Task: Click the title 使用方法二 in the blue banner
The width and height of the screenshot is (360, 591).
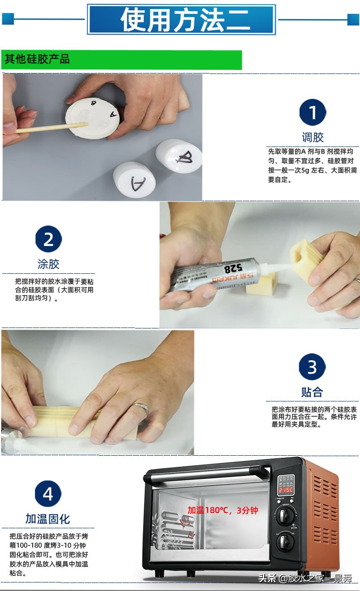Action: click(x=181, y=20)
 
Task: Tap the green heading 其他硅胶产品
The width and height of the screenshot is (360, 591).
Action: click(x=37, y=59)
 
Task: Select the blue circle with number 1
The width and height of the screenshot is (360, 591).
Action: click(x=312, y=112)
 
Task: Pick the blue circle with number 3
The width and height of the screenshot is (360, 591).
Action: click(x=312, y=367)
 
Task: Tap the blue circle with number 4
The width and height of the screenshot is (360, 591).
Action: click(x=48, y=494)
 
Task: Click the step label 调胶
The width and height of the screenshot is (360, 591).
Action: click(x=312, y=137)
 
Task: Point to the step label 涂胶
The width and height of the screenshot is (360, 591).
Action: click(x=48, y=264)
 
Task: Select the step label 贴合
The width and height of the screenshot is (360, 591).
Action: click(x=312, y=392)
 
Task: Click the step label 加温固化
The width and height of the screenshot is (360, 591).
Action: click(x=48, y=519)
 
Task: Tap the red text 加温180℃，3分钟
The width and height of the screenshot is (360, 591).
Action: click(x=223, y=510)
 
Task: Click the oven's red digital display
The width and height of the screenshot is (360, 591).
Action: click(x=285, y=489)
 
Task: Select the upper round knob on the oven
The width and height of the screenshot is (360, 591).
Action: click(x=284, y=516)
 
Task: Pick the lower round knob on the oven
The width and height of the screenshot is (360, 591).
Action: click(x=284, y=544)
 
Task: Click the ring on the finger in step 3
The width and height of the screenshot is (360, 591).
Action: click(x=141, y=408)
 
